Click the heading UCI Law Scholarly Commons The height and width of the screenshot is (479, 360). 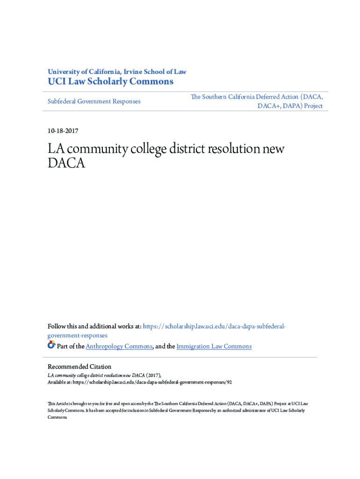pos(110,82)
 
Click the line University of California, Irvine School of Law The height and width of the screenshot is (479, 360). pos(117,72)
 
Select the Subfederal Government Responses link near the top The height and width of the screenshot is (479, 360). pos(94,101)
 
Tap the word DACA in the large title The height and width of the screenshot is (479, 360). pos(66,163)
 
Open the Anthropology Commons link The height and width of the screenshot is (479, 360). pos(119,346)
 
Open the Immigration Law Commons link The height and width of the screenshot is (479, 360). pos(214,346)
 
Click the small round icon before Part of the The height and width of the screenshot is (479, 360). pos(51,345)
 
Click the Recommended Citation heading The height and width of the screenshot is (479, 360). pos(79,367)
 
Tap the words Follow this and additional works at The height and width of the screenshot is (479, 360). pos(94,326)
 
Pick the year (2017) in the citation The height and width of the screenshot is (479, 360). pos(154,375)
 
